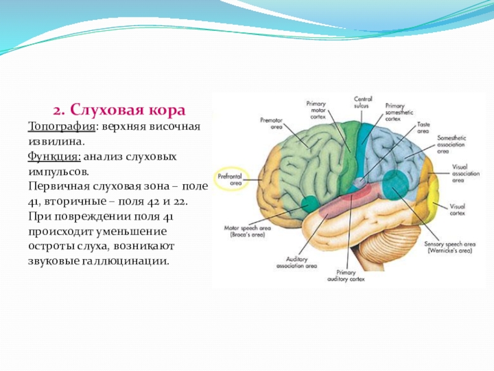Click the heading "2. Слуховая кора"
tap(119, 111)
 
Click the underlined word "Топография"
tap(61, 126)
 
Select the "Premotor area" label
tap(271, 122)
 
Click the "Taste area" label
tap(423, 128)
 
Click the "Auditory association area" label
tap(301, 262)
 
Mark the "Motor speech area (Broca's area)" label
tap(245, 232)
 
